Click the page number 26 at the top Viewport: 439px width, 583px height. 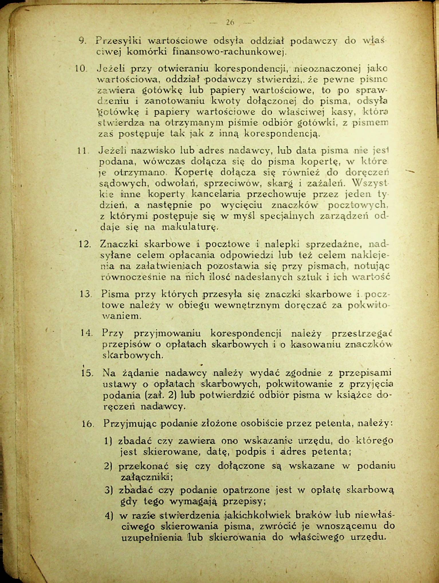pos(230,22)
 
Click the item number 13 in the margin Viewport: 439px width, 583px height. pos(85,294)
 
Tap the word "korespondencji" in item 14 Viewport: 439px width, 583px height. pos(246,333)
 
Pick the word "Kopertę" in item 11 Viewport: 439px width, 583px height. pos(195,173)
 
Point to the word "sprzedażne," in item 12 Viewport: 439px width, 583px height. pos(333,244)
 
